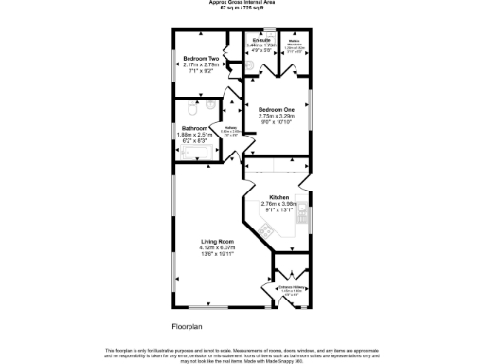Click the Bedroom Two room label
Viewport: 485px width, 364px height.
(x=201, y=58)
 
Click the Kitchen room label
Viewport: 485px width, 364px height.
(x=278, y=195)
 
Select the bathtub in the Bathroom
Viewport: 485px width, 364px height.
(x=199, y=154)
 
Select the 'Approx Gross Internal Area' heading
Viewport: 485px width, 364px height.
(x=242, y=3)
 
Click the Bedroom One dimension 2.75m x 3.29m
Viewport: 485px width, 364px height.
(x=277, y=116)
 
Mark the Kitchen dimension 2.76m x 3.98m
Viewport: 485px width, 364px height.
(x=278, y=202)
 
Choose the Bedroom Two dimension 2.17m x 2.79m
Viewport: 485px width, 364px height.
(x=201, y=64)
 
